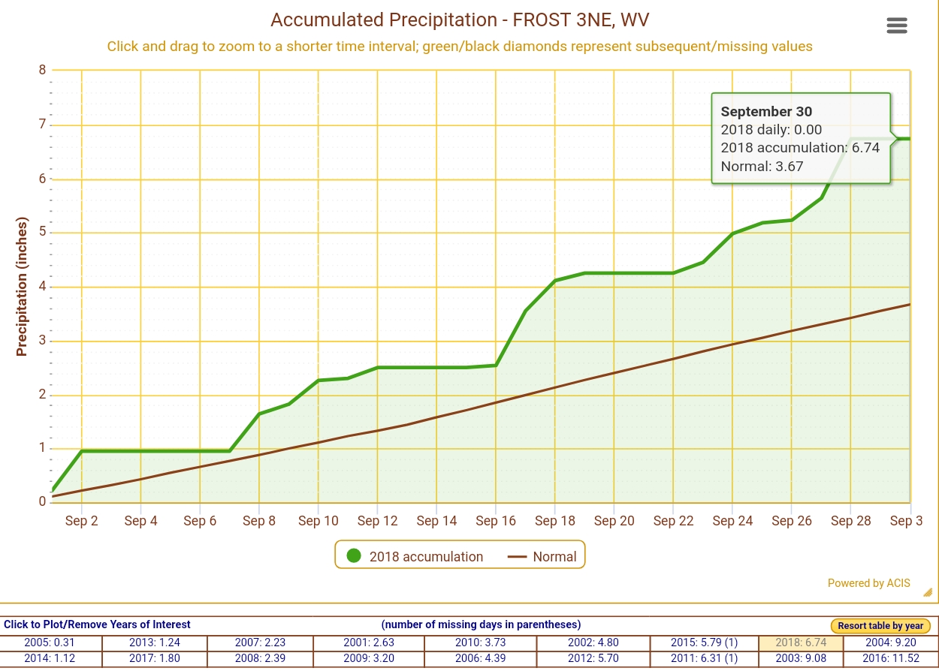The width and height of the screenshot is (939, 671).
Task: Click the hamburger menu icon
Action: pos(897,26)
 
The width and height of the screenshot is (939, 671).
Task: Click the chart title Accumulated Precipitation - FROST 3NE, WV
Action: pos(460,20)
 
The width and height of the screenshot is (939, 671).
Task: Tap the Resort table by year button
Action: pos(880,626)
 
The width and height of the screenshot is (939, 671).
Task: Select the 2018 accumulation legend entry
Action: pos(415,556)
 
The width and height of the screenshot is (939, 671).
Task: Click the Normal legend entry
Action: pos(542,556)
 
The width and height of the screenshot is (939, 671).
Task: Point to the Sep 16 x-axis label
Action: pos(496,521)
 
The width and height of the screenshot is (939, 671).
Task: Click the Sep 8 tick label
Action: pos(259,521)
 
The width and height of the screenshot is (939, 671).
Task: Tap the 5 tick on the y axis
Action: pos(42,233)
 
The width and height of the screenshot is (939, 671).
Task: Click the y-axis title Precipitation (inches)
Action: pos(22,287)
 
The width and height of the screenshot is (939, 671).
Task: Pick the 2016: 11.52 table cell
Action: pos(891,659)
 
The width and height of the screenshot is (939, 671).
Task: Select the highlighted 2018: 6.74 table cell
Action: pos(801,643)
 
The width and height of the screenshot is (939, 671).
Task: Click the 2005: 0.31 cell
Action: pos(50,643)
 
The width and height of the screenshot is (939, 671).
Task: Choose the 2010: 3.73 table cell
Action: pos(479,643)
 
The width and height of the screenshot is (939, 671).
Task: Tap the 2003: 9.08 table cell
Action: pos(801,659)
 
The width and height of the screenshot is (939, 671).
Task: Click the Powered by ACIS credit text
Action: pos(868,583)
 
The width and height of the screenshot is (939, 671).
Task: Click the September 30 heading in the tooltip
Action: pos(766,112)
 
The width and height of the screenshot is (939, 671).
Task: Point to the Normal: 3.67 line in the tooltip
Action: pos(762,167)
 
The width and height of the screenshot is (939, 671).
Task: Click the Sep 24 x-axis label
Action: pos(732,521)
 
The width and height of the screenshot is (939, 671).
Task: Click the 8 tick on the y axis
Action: pos(42,71)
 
